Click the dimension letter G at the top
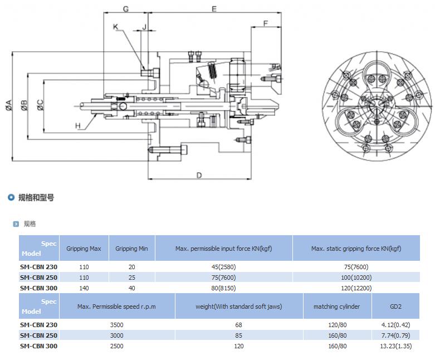pyautogui.click(x=126, y=9)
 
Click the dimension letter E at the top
pyautogui.click(x=214, y=9)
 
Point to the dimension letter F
pyautogui.click(x=266, y=23)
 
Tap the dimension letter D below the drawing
pyautogui.click(x=199, y=176)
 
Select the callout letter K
pyautogui.click(x=116, y=27)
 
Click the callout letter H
pyautogui.click(x=77, y=126)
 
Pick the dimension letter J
pyautogui.click(x=144, y=27)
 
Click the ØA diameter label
pyautogui.click(x=9, y=105)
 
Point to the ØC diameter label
pyautogui.click(x=41, y=105)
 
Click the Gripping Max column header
pyautogui.click(x=84, y=249)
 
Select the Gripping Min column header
pyautogui.click(x=131, y=249)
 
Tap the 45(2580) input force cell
pyautogui.click(x=223, y=267)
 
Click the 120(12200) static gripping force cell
pyautogui.click(x=356, y=288)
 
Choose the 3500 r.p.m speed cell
pyautogui.click(x=116, y=325)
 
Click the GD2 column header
pyautogui.click(x=395, y=307)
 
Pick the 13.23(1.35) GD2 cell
pyautogui.click(x=395, y=346)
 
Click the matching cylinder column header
pyautogui.click(x=337, y=307)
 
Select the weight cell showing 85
pyautogui.click(x=238, y=335)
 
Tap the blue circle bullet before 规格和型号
pyautogui.click(x=11, y=197)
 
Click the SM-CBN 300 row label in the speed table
pyautogui.click(x=38, y=346)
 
